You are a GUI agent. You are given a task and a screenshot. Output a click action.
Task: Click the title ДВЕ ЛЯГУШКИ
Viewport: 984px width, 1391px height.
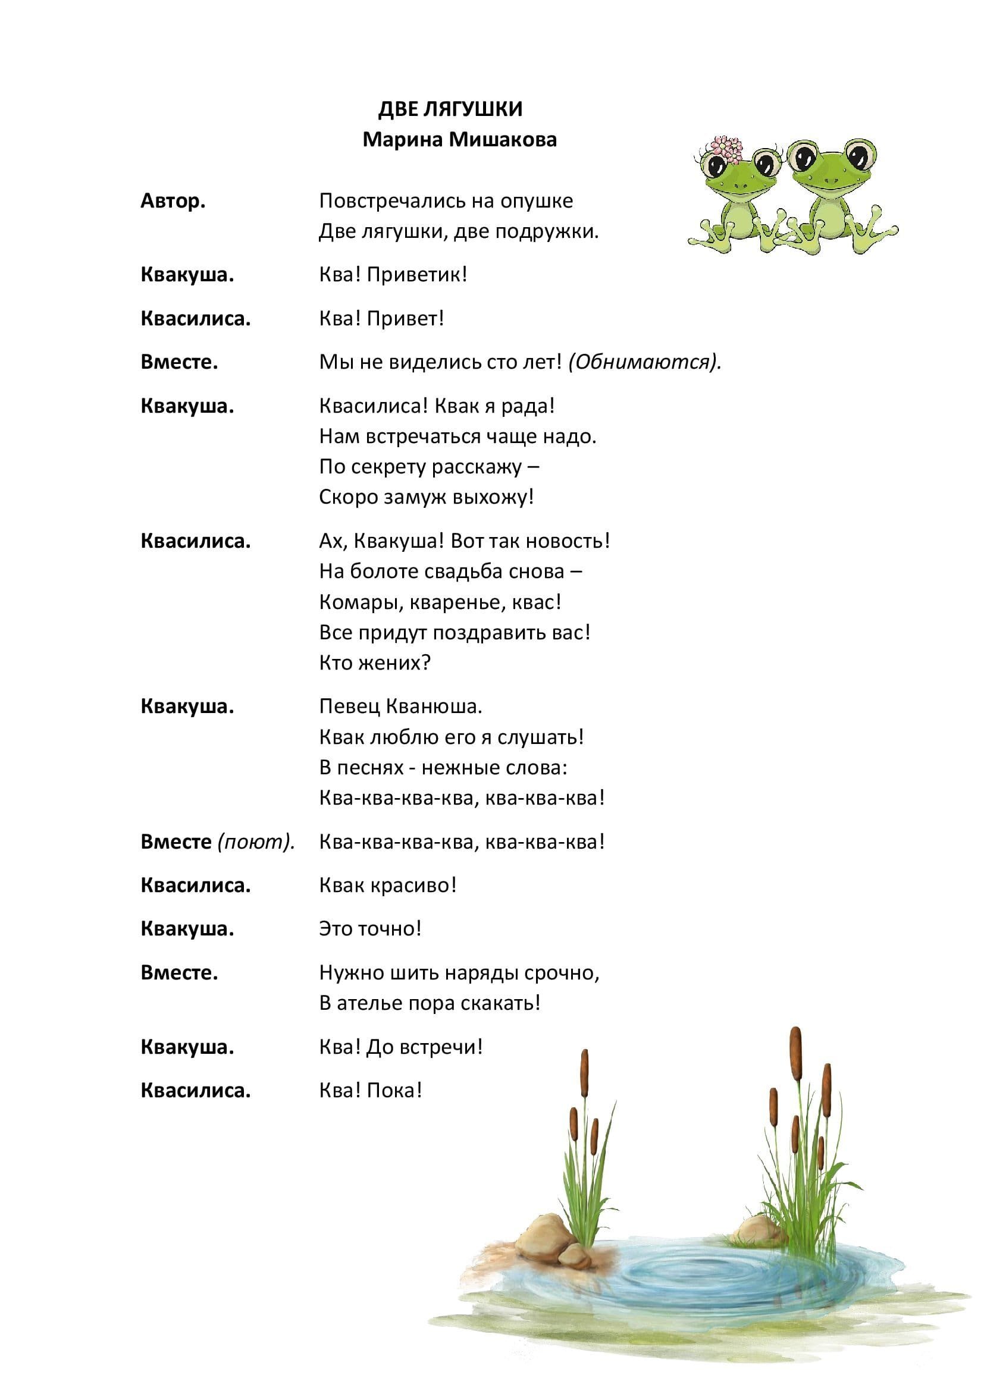(450, 109)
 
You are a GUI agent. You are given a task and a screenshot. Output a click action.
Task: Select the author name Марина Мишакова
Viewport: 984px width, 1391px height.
(459, 140)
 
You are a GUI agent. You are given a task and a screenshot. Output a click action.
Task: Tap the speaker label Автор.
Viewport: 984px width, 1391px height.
(173, 200)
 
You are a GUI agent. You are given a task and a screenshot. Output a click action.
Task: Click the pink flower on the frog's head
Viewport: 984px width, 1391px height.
(726, 149)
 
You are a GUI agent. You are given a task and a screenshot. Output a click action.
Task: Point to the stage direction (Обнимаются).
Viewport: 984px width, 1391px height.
(645, 362)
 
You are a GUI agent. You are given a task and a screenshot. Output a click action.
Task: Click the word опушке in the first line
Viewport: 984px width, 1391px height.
(536, 201)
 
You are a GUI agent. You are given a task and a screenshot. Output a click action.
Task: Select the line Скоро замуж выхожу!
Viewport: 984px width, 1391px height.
(426, 497)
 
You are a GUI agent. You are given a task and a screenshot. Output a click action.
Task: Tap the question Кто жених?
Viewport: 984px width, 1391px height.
(374, 662)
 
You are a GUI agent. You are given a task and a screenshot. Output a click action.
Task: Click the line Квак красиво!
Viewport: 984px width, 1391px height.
(387, 885)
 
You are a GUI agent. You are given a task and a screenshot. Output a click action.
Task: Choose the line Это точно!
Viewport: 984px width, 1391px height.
(369, 928)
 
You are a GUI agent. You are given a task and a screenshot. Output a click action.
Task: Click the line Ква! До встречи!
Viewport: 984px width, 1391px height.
(400, 1047)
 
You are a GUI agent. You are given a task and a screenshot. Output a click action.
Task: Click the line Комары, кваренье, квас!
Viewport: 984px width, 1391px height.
(440, 602)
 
